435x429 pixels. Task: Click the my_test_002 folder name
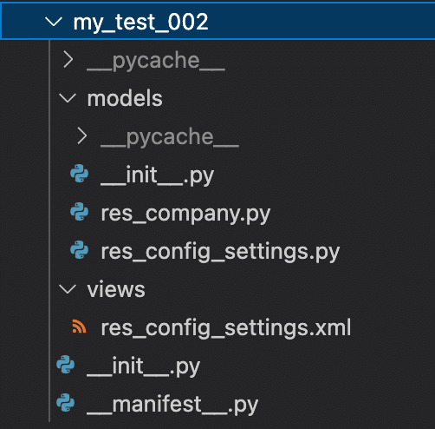(140, 23)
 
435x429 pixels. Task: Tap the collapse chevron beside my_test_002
(54, 22)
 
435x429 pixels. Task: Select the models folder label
(125, 98)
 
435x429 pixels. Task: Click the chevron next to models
(68, 98)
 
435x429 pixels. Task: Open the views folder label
(116, 289)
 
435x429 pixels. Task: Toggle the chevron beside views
(68, 289)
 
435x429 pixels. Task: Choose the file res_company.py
(185, 214)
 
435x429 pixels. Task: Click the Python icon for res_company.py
(80, 212)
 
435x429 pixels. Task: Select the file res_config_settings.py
(220, 252)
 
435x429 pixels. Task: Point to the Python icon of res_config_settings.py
(80, 250)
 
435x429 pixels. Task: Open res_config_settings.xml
(226, 328)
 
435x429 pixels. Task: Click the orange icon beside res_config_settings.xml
(79, 327)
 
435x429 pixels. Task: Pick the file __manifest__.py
(172, 406)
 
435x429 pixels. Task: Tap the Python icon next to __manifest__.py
(66, 403)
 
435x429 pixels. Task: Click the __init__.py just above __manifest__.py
(144, 367)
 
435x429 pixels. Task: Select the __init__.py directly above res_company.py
(158, 176)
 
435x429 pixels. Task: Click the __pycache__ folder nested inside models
(170, 137)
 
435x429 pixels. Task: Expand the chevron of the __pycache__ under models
(82, 136)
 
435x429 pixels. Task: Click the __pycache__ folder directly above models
(156, 61)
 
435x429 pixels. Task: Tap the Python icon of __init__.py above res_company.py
(80, 174)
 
